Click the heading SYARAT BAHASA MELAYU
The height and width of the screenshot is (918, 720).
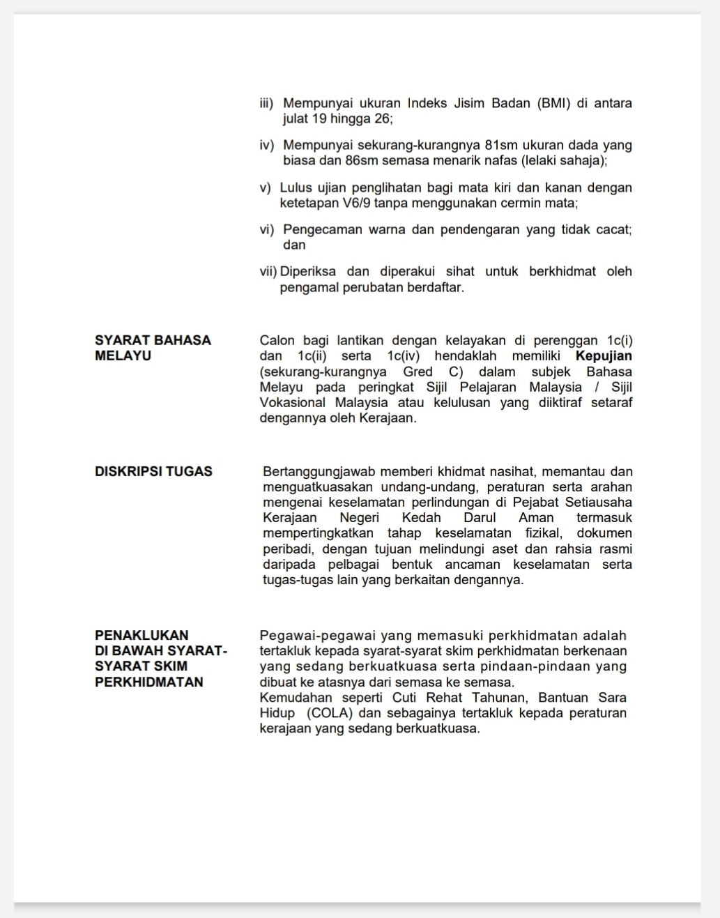tap(153, 348)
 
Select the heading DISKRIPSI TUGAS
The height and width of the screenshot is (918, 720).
tap(153, 471)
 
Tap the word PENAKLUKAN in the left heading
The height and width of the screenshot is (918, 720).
tap(141, 635)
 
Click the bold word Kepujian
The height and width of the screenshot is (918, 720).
tap(604, 356)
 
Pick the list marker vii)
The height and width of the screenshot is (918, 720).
tap(268, 272)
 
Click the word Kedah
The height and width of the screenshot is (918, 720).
tap(421, 518)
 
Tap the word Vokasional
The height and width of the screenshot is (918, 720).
tap(293, 403)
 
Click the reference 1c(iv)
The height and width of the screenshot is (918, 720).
tap(404, 356)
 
